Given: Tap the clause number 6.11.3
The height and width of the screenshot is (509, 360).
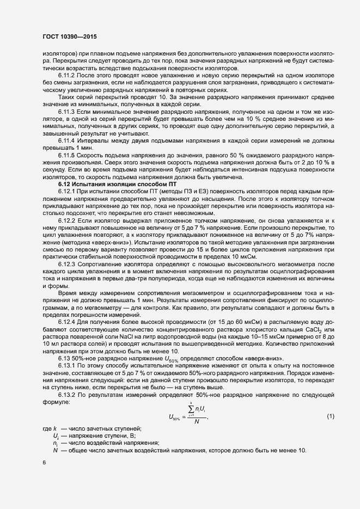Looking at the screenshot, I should point(68,111).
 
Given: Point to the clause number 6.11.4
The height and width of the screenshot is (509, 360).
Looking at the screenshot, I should point(68,140).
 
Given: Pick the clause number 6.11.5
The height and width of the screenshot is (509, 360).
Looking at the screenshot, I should point(68,155).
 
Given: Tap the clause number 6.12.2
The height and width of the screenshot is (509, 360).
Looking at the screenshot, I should point(68,220).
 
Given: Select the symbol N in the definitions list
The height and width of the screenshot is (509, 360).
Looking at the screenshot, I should point(55,451).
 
